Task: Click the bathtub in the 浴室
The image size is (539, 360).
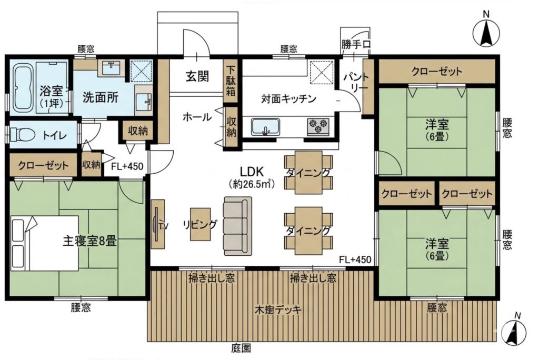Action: (23, 88)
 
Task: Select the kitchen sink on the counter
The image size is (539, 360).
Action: (265, 127)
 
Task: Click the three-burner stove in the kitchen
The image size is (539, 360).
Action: (318, 126)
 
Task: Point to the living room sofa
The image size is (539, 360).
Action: (237, 226)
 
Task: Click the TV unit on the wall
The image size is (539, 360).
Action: (157, 224)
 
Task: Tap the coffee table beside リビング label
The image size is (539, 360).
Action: (201, 224)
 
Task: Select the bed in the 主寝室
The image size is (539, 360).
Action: (45, 243)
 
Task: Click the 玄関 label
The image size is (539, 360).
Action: (197, 76)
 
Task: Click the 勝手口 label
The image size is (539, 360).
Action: (356, 44)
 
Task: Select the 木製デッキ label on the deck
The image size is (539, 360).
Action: (278, 310)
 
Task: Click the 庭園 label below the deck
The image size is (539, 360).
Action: (241, 348)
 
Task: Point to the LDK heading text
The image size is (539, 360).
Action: (251, 171)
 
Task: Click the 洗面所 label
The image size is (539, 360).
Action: (101, 98)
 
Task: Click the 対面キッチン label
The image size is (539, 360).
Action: (288, 99)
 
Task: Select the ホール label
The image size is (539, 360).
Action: (197, 117)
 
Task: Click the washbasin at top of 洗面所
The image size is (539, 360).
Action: (110, 68)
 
